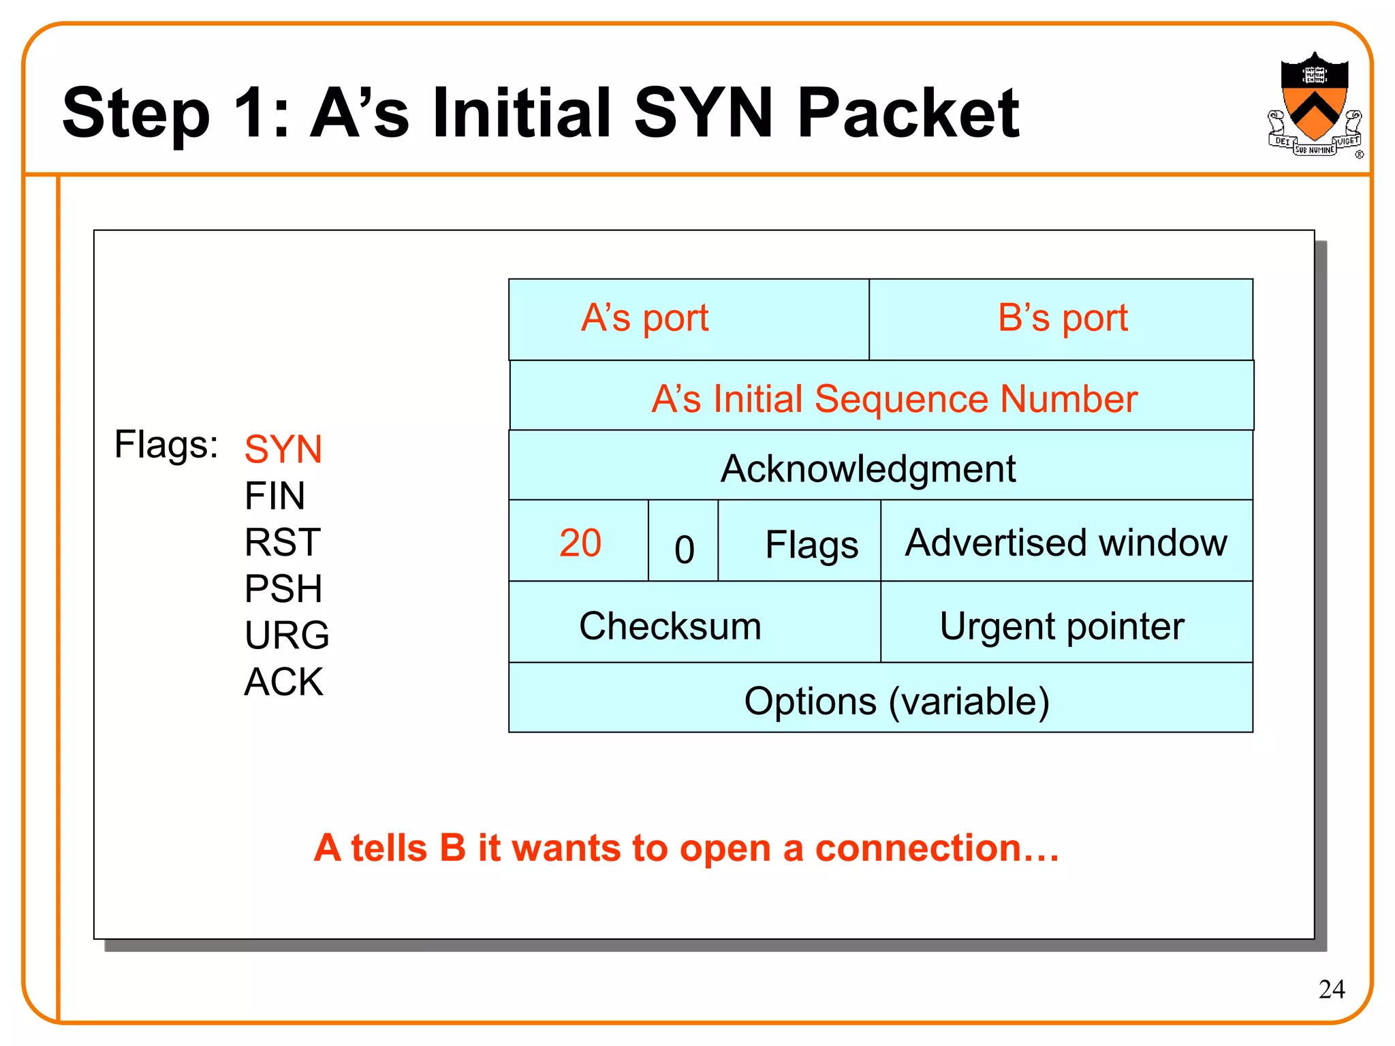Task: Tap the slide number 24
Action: pos(1331,989)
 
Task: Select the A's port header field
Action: pos(688,319)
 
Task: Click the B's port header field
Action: pos(1061,319)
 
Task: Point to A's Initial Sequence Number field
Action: pos(881,398)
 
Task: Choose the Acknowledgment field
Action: pos(881,469)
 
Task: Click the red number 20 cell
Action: pos(579,543)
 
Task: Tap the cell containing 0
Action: pos(683,548)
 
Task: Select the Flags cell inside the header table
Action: pos(811,545)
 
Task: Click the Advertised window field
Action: pos(1066,543)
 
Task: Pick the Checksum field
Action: pos(693,625)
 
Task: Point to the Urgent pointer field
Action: pos(1066,625)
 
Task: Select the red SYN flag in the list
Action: pos(283,449)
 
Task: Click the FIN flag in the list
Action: pos(275,496)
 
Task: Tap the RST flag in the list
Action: pos(282,543)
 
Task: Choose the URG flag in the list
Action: pos(286,635)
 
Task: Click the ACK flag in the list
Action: pos(283,682)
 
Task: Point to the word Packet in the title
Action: pos(907,114)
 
